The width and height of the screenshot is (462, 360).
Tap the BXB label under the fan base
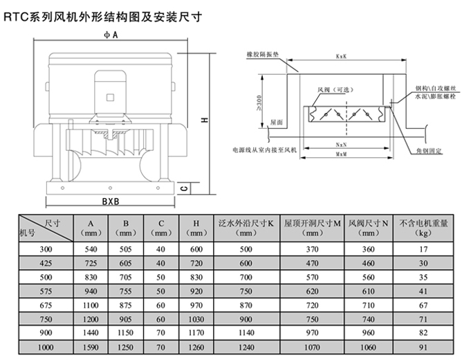coord(111,203)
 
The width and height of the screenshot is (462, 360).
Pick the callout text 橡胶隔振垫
coord(260,53)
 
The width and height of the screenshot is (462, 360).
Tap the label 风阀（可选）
coord(329,89)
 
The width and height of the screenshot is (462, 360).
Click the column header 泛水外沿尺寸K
coord(246,224)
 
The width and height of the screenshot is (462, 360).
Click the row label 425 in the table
coord(45,263)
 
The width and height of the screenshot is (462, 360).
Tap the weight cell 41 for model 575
coord(424,291)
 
